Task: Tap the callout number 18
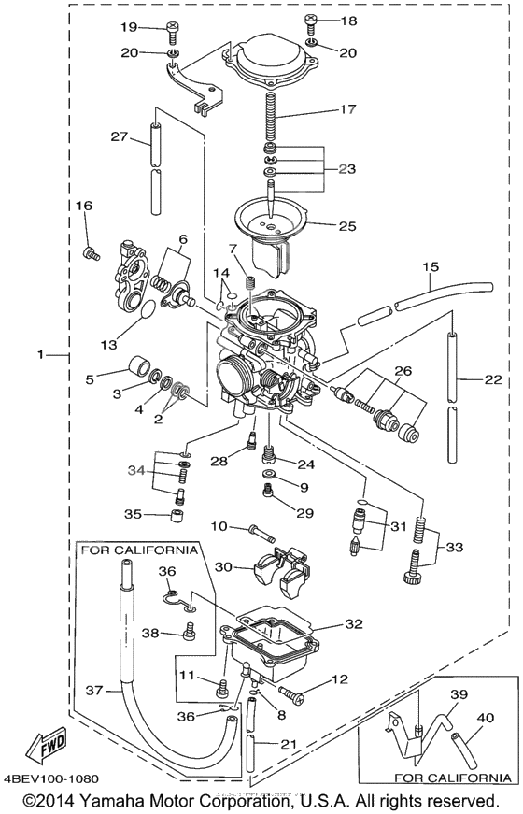pos(348,21)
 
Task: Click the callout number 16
pos(84,205)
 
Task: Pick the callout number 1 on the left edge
pos(40,354)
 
